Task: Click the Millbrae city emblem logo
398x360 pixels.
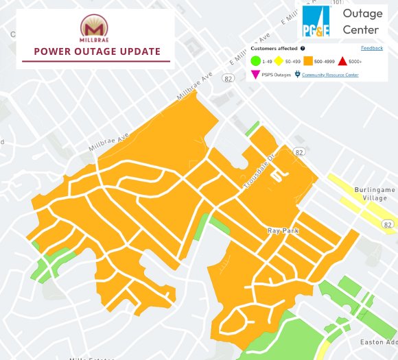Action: coord(95,27)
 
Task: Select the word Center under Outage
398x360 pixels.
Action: coord(360,29)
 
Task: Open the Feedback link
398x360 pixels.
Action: coord(372,48)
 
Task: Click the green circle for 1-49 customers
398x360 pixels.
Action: coord(255,62)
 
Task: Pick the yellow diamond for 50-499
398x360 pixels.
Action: coord(279,62)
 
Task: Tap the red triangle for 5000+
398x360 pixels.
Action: coord(342,62)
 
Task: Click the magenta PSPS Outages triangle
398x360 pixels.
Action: coord(255,75)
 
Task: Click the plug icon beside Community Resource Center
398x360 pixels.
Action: coord(297,75)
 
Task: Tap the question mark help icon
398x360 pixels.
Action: coord(303,49)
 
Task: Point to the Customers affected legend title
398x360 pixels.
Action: coord(274,49)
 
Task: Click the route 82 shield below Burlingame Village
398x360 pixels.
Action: coord(388,224)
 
